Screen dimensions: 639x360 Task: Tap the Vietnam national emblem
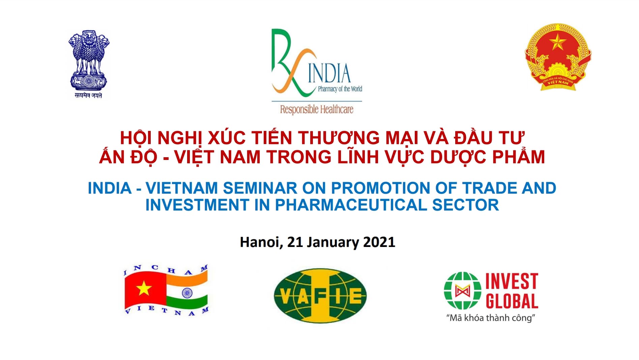(x=558, y=57)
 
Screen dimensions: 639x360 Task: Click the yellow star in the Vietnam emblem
(x=558, y=42)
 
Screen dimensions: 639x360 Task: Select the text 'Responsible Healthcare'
(x=317, y=109)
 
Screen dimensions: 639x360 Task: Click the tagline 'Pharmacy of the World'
(x=340, y=89)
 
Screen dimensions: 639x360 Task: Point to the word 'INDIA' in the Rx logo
(x=329, y=74)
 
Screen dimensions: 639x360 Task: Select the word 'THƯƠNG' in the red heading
(x=339, y=138)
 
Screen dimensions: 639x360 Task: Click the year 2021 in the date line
(x=379, y=242)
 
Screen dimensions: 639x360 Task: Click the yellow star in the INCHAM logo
(x=144, y=289)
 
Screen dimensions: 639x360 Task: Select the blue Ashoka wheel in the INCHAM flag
(x=187, y=293)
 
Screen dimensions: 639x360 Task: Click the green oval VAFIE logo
(x=320, y=296)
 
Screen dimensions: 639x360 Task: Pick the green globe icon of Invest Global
(x=462, y=291)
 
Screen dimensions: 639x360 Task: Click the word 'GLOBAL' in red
(x=512, y=301)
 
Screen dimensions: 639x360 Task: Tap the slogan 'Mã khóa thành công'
(x=491, y=318)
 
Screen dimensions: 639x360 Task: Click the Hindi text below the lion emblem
(x=88, y=95)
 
